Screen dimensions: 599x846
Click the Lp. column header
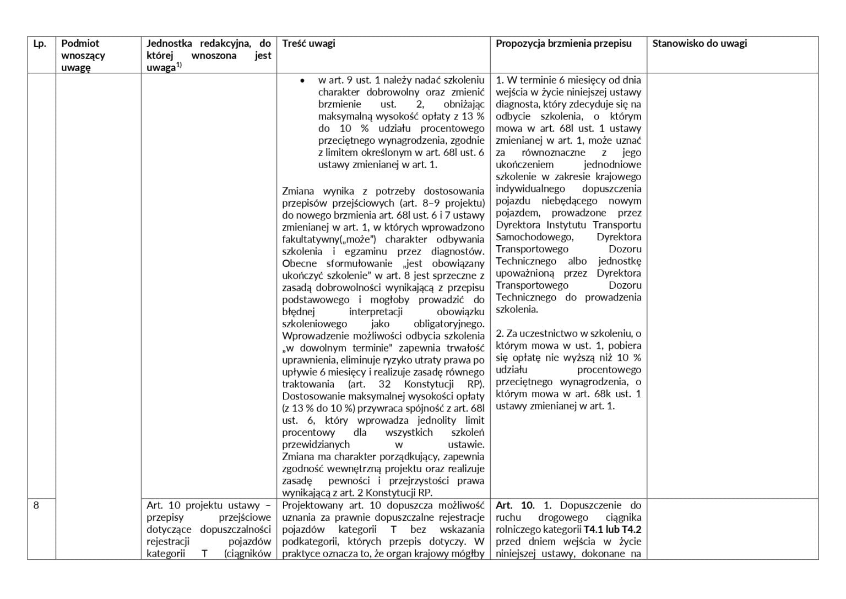pyautogui.click(x=40, y=44)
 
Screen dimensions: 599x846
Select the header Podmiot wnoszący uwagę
pyautogui.click(x=83, y=55)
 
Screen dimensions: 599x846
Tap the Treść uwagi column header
pyautogui.click(x=308, y=44)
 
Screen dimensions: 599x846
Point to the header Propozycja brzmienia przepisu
pyautogui.click(x=563, y=44)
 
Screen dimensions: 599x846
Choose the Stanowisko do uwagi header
pyautogui.click(x=699, y=44)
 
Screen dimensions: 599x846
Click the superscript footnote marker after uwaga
pyautogui.click(x=179, y=66)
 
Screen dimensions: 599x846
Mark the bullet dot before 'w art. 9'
pyautogui.click(x=302, y=81)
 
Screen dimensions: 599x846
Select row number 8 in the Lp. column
pyautogui.click(x=36, y=505)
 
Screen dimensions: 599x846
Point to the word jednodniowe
pyautogui.click(x=612, y=165)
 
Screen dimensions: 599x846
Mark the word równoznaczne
pyautogui.click(x=554, y=153)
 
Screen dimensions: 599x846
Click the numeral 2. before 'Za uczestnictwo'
pyautogui.click(x=500, y=334)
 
